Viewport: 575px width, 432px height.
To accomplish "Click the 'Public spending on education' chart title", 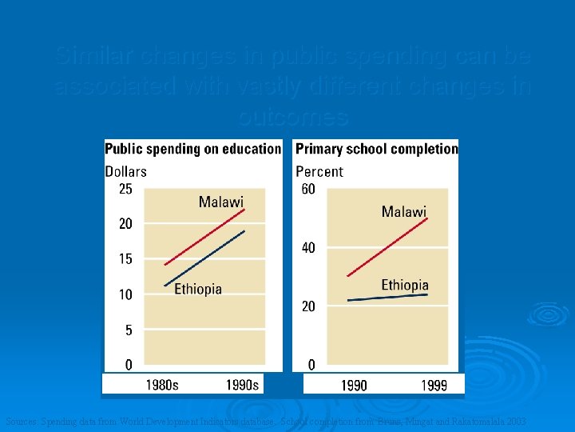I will point(192,149).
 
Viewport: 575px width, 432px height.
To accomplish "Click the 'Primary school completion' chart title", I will point(376,149).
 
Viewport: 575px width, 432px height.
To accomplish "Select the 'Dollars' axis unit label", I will point(126,171).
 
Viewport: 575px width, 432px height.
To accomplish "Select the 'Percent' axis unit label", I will point(319,171).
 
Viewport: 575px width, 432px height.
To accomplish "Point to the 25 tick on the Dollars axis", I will point(125,190).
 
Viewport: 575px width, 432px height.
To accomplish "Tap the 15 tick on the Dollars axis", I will point(125,259).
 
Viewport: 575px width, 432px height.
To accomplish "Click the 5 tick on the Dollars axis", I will point(129,330).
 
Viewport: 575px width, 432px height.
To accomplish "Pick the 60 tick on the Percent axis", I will point(308,190).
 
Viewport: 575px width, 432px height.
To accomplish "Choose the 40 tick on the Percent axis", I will point(308,248).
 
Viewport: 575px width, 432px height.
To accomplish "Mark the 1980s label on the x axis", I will point(162,386).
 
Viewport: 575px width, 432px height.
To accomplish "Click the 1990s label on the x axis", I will point(242,386).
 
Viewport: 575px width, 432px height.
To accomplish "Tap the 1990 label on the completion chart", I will point(354,386).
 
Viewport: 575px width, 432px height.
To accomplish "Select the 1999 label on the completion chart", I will point(434,386).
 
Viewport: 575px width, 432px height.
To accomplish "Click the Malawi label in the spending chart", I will point(220,202).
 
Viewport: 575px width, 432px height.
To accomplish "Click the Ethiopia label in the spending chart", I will point(198,290).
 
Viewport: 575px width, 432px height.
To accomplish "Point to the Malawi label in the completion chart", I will point(403,212).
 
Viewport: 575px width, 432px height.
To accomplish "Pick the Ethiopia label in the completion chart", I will point(404,286).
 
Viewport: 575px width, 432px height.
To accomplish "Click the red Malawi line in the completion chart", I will point(387,247).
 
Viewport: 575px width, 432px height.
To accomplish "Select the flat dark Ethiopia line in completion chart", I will point(387,298).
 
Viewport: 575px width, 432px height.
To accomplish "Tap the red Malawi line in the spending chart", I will point(204,237).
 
